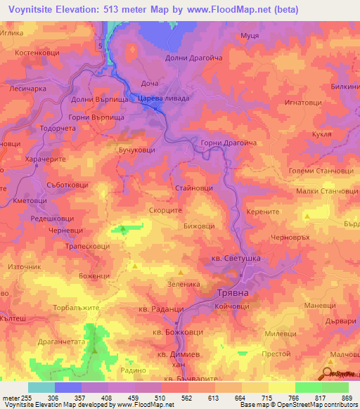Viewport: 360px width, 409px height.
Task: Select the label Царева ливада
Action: [163, 99]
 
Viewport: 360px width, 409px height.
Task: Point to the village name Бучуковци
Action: [136, 150]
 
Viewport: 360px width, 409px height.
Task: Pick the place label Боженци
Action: [96, 275]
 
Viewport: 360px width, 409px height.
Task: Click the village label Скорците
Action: [166, 210]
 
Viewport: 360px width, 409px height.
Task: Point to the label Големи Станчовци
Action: [321, 170]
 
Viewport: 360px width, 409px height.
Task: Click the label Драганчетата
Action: [60, 340]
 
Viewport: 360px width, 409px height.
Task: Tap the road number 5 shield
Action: [101, 46]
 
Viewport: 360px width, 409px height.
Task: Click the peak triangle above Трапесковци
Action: [124, 228]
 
